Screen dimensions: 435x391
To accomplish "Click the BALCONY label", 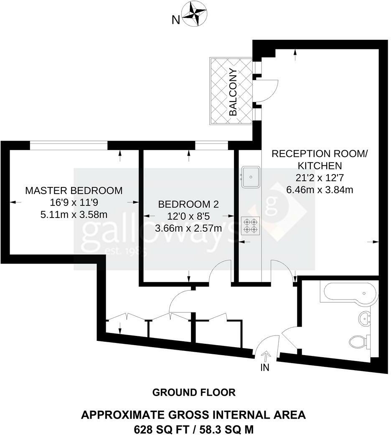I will click(233, 92).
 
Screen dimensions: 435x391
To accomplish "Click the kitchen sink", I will click(251, 177).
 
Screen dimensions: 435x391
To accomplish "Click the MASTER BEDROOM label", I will click(74, 191).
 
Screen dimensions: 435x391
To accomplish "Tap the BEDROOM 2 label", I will click(188, 205).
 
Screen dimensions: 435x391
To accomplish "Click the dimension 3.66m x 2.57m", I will click(188, 228).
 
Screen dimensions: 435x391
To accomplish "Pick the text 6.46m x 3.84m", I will click(320, 189).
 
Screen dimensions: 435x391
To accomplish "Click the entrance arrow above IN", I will click(265, 356).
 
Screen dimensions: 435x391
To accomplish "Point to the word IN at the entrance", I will click(265, 368).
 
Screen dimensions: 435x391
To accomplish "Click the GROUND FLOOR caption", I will click(194, 392).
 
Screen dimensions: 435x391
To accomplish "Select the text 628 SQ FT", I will click(157, 429).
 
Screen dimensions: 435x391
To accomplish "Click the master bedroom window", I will click(69, 145).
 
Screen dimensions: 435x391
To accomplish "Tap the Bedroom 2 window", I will click(211, 145).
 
